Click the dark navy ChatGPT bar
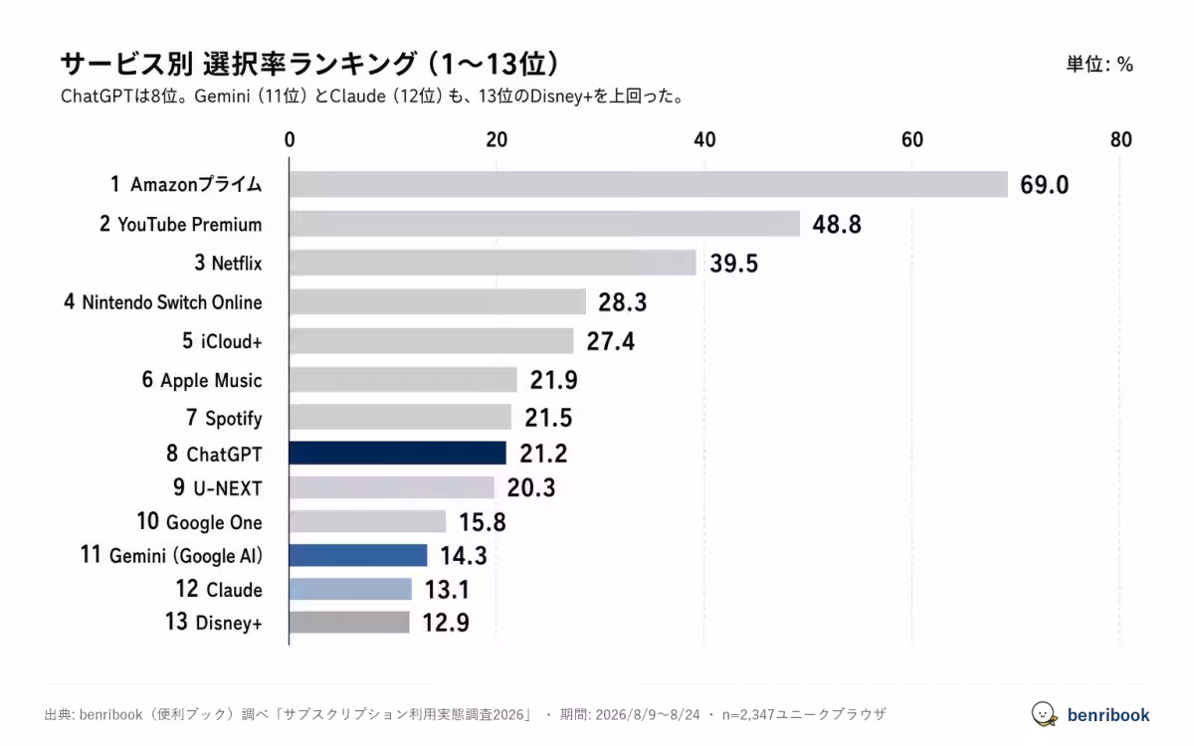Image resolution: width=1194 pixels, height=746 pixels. (398, 453)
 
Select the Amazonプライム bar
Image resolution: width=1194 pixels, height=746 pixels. (649, 184)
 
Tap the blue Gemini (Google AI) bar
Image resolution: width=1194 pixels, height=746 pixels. (358, 555)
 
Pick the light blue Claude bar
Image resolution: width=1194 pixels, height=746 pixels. (350, 589)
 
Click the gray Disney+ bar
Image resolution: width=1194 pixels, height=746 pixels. (349, 622)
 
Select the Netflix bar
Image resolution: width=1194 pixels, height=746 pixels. (494, 263)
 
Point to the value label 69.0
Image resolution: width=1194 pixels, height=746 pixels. (1044, 185)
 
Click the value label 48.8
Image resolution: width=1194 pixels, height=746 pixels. (837, 225)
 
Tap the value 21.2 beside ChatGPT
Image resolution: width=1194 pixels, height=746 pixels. (543, 454)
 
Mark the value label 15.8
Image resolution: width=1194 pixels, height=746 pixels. (483, 521)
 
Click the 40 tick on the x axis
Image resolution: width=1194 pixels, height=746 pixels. (704, 139)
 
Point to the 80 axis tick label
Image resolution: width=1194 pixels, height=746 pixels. (1121, 139)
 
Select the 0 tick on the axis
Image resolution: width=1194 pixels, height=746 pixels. (290, 139)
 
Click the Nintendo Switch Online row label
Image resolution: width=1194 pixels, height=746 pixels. (163, 302)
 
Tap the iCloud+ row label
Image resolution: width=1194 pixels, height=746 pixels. (222, 341)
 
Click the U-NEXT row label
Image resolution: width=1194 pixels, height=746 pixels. (218, 487)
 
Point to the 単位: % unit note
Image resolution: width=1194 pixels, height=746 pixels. (1099, 65)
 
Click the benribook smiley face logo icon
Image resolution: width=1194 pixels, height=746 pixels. (1044, 714)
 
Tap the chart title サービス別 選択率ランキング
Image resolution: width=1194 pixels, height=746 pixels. (238, 64)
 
